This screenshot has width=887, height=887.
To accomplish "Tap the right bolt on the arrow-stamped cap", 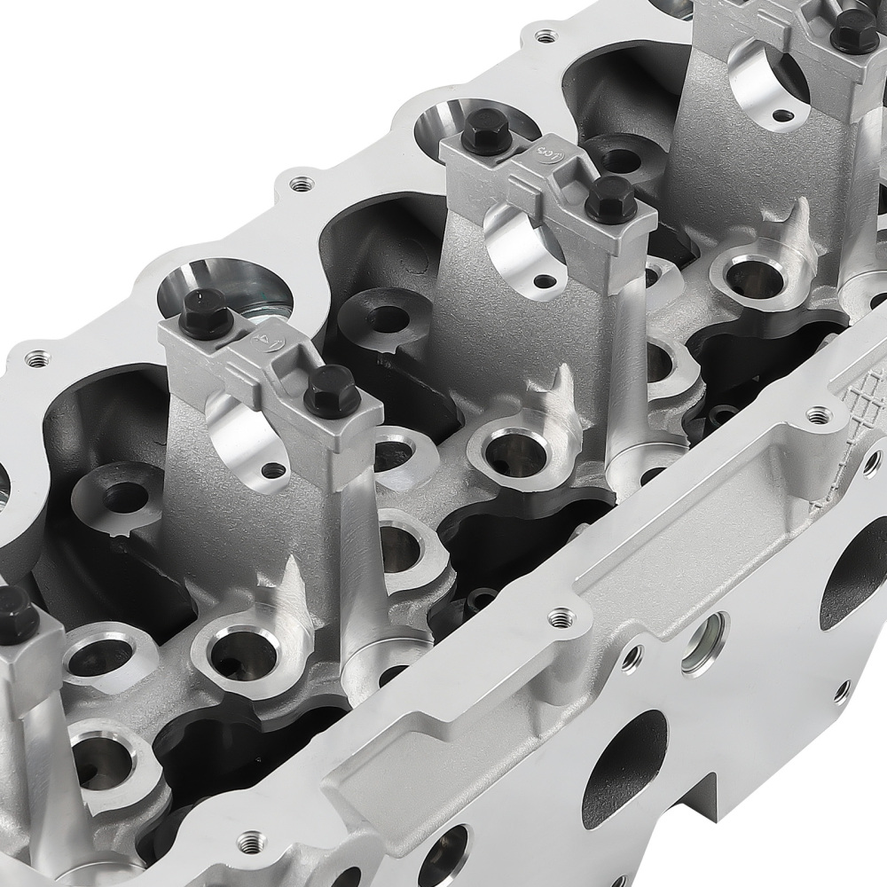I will pos(332,390).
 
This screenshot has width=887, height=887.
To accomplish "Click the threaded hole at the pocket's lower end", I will pos(559,617).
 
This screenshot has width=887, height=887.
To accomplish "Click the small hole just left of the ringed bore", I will pos(631,657).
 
